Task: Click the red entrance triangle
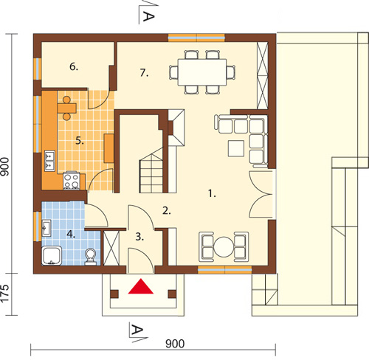click(141, 287)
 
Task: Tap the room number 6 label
click(74, 66)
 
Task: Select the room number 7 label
click(144, 73)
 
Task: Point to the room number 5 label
click(80, 141)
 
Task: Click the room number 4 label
click(71, 234)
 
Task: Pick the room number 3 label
click(139, 237)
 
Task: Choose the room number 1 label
click(212, 193)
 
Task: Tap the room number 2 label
click(167, 211)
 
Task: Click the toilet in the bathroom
click(91, 257)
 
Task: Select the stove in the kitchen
click(72, 181)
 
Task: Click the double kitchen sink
click(49, 161)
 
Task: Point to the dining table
click(202, 72)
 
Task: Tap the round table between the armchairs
click(224, 246)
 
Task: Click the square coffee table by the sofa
click(236, 148)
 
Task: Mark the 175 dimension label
click(5, 293)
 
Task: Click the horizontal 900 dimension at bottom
click(175, 344)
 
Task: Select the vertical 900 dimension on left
click(5, 167)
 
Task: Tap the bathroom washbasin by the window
click(46, 228)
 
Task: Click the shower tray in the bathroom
click(52, 256)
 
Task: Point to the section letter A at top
click(148, 17)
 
